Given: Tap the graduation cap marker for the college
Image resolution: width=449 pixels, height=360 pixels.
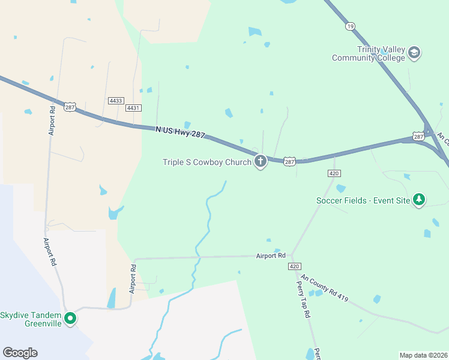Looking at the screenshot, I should (414, 53).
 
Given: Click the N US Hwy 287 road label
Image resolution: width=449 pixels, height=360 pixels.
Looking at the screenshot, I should (180, 133).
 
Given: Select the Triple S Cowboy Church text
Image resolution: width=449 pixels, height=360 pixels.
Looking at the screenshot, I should (207, 162).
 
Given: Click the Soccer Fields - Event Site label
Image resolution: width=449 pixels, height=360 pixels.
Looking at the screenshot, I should (363, 200).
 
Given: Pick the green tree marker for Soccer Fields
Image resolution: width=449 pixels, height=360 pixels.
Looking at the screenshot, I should (418, 199).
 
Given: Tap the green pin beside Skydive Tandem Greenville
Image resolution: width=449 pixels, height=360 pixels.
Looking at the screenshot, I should (70, 318).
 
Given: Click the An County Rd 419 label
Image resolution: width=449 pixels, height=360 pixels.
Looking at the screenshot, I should (324, 287).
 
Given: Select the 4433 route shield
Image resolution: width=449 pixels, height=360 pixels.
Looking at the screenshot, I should (116, 100).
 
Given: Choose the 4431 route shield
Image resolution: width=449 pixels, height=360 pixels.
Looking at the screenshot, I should (133, 108).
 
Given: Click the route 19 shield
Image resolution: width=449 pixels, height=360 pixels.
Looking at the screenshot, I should (350, 26).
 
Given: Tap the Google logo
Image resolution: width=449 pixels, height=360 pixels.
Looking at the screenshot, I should (20, 353).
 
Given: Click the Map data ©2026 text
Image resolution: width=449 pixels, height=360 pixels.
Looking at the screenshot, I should (423, 355).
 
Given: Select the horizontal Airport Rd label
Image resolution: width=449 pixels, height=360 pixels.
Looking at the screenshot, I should (270, 256).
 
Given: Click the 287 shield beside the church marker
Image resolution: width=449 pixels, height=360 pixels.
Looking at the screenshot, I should (290, 162).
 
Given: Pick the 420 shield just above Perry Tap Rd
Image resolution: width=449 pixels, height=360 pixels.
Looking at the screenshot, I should (294, 266).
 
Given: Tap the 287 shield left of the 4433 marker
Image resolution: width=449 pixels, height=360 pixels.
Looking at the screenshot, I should (70, 107).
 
